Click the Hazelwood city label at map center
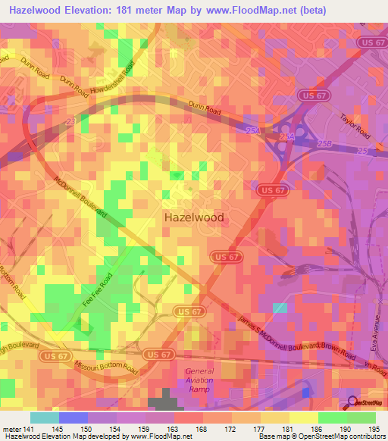pos(194,217)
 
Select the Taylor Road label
pos(355,124)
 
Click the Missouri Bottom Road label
pos(105,367)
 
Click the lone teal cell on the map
pos(280,308)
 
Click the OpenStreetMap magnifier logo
pos(352,402)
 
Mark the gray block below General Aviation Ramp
pos(159,402)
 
